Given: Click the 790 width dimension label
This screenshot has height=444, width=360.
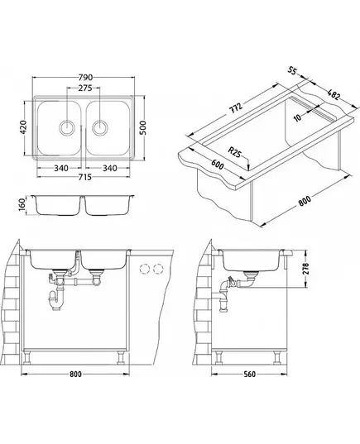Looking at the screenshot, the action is pyautogui.click(x=85, y=77).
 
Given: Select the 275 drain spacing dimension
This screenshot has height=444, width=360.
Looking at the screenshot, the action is pyautogui.click(x=85, y=88).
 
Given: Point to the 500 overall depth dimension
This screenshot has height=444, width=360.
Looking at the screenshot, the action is pyautogui.click(x=143, y=128).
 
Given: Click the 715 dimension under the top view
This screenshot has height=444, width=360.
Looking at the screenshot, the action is pyautogui.click(x=84, y=177).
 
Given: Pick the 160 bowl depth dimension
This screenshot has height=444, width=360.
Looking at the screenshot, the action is pyautogui.click(x=22, y=205).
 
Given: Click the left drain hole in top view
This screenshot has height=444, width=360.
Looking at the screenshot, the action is pyautogui.click(x=67, y=127).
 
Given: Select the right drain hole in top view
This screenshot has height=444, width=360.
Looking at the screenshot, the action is pyautogui.click(x=100, y=127).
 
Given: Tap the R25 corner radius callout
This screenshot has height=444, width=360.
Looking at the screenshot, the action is pyautogui.click(x=235, y=153).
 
